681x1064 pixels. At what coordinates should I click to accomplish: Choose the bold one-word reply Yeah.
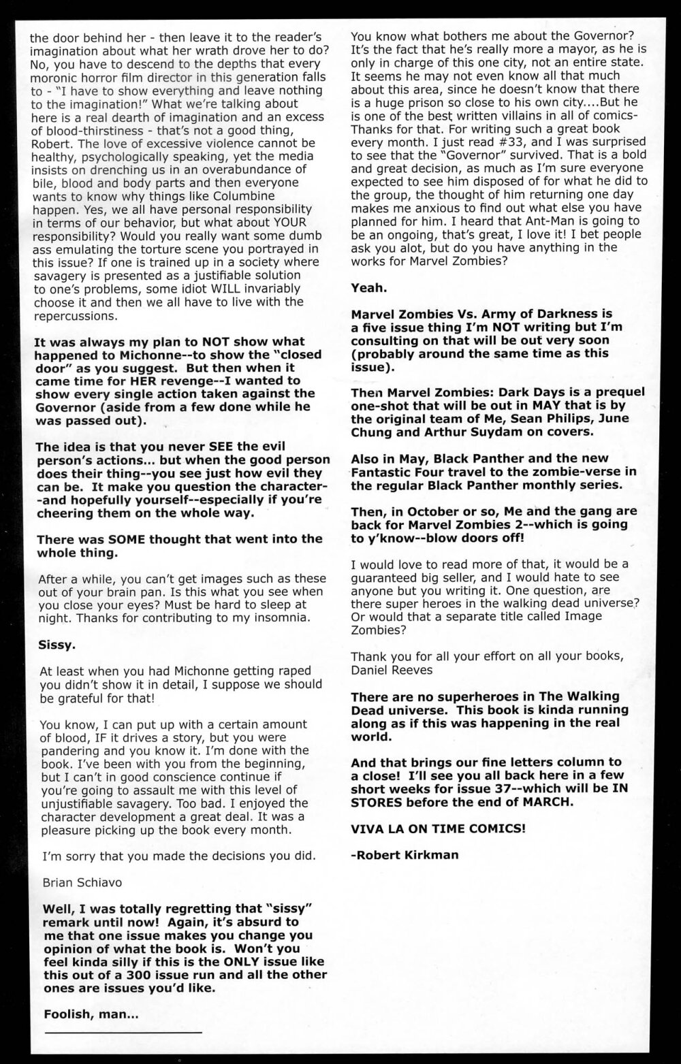(369, 288)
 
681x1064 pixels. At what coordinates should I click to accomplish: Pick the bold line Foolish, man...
(90, 1014)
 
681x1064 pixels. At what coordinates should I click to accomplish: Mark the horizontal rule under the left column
(123, 1033)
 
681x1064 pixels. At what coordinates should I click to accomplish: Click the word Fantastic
(385, 472)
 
